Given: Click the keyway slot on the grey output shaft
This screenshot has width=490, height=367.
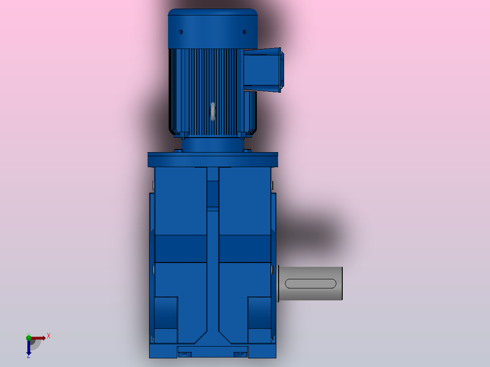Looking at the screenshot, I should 310,284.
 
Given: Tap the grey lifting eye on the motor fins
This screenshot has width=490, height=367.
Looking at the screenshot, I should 213,111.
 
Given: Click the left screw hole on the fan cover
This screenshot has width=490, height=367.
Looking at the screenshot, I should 180,32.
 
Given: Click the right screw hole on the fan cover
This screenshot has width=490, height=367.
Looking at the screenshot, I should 245,32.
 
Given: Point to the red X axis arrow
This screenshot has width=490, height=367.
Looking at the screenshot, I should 39,338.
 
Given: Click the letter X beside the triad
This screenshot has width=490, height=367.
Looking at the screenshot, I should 49,336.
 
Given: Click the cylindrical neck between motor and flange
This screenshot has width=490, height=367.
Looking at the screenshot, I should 213,144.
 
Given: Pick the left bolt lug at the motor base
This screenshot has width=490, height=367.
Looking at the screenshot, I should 184,134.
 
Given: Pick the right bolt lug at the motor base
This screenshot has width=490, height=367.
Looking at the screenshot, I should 242,134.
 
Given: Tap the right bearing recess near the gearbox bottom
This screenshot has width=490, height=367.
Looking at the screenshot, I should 259,313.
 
